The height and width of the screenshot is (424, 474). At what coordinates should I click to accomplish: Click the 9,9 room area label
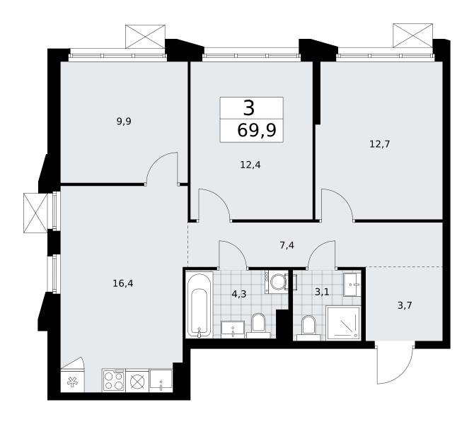pos(124,122)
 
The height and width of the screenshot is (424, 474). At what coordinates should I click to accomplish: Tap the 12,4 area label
pos(250,165)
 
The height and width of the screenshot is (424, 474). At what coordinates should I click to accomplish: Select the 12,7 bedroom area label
pos(380,144)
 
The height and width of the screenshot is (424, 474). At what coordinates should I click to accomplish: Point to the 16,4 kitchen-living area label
pos(122,283)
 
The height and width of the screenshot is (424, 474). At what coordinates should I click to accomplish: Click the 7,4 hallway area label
pos(287,245)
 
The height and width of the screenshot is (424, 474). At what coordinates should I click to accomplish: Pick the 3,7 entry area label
pos(405,305)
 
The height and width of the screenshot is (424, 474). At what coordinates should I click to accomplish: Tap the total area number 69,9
pos(257,131)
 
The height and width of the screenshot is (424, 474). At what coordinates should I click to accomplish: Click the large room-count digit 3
pos(249,108)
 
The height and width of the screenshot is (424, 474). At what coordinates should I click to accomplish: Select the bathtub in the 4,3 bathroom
pos(199,305)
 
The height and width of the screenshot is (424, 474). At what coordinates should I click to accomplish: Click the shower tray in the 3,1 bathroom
pos(343,323)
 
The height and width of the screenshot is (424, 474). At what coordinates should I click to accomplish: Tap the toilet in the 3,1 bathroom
pos(308,328)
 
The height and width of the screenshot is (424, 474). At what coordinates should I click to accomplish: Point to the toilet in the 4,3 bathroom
pos(258,326)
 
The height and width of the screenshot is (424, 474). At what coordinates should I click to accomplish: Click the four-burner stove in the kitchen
pos(114,380)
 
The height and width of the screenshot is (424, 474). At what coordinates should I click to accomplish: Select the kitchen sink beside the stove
pos(161,381)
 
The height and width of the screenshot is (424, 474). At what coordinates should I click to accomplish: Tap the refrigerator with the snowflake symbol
pos(73,381)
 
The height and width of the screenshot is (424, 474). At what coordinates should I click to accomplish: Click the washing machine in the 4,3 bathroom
pos(277,282)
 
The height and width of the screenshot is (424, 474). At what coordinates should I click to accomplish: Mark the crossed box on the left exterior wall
pos(35,213)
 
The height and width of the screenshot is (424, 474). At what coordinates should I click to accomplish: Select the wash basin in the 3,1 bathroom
pos(352,285)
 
